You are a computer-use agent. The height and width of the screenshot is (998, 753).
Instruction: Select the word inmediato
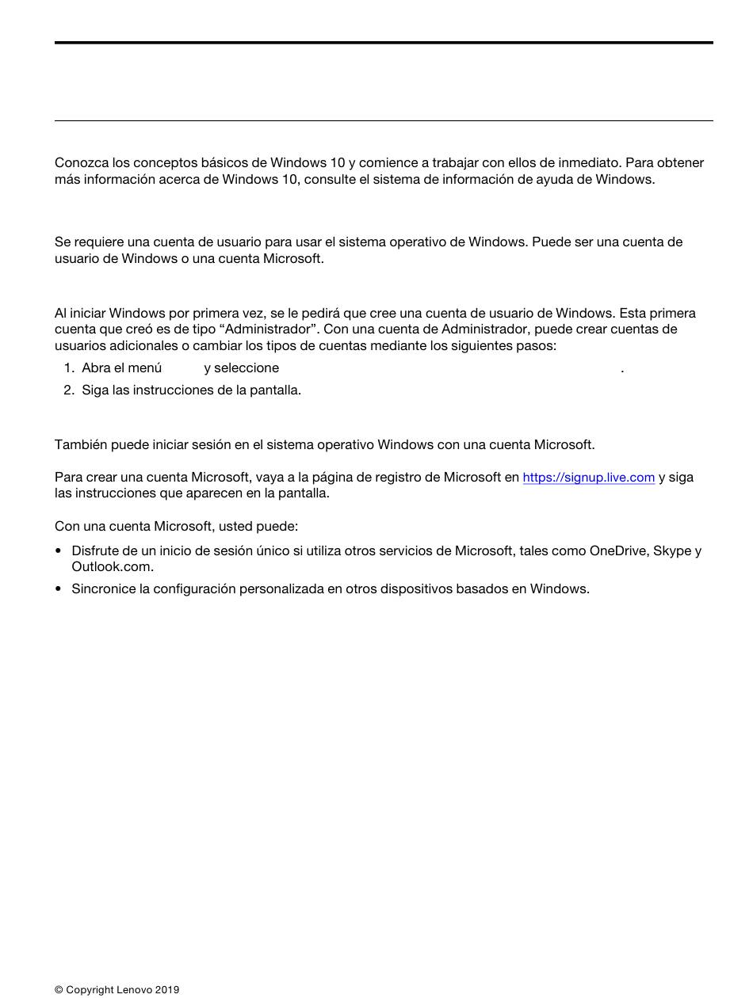[589, 163]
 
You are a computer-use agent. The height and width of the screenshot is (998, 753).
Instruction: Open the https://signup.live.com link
[588, 478]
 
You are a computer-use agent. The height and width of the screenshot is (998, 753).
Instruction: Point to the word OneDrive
[617, 551]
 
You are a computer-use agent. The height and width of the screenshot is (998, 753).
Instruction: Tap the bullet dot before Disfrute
[59, 551]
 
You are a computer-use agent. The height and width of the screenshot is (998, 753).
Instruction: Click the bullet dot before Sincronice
[59, 589]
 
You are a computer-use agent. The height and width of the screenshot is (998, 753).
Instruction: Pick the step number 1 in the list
[68, 368]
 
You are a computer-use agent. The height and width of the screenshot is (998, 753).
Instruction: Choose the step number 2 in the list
[68, 390]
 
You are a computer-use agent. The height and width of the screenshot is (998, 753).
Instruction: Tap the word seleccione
[246, 368]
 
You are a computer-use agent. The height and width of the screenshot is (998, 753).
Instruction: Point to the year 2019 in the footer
[167, 990]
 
